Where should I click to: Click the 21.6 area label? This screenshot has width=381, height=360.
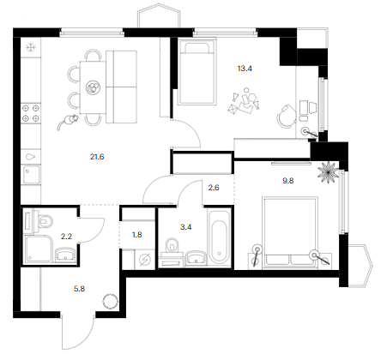pos(97,157)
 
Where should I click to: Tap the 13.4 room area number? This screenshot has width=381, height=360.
pos(245,69)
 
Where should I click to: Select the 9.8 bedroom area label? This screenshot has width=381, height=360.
pos(288,181)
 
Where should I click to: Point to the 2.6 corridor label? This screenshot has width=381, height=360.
pos(214,188)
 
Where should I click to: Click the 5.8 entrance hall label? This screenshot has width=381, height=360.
pos(80,289)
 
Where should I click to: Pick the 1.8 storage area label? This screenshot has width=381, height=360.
pos(137,235)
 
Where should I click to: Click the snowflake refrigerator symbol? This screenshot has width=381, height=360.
pos(30,47)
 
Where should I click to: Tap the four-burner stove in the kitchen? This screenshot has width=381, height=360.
pos(31,113)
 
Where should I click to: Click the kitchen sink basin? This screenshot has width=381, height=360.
pos(32,174)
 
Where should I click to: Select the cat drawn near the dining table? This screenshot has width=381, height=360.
pos(69,121)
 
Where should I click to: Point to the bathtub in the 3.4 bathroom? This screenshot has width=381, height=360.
pos(219,237)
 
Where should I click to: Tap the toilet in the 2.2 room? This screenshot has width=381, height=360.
pos(44,220)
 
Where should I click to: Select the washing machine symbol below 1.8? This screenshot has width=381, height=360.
pos(145,260)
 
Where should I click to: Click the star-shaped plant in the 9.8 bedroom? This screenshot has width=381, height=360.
pos(328,171)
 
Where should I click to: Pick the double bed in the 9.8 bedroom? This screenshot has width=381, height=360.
pos(290,232)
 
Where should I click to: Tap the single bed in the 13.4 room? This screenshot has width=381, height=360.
pos(197,72)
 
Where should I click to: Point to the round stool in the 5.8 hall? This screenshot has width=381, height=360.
pos(111,302)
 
